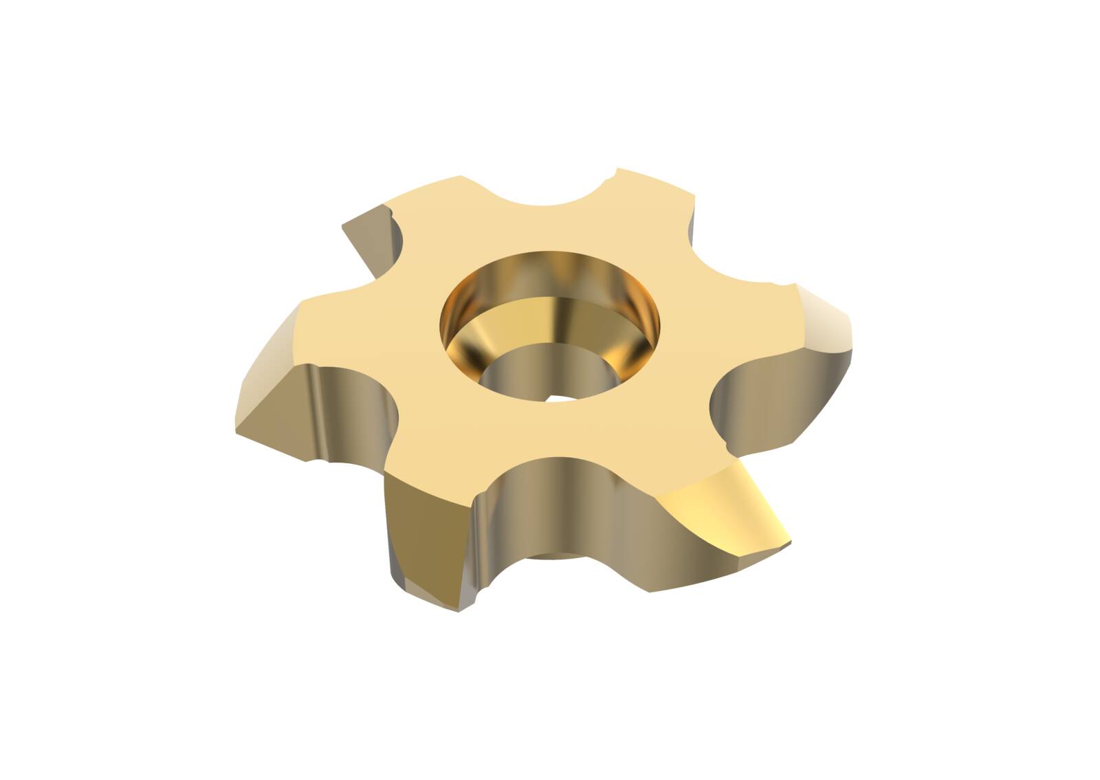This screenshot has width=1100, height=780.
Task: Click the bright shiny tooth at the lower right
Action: coord(729,509)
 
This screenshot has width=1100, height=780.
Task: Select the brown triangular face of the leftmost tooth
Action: coord(275,405)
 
